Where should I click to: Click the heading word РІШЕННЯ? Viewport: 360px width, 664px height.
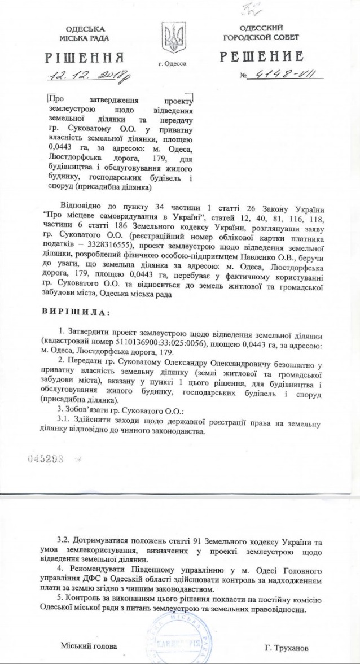87,58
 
